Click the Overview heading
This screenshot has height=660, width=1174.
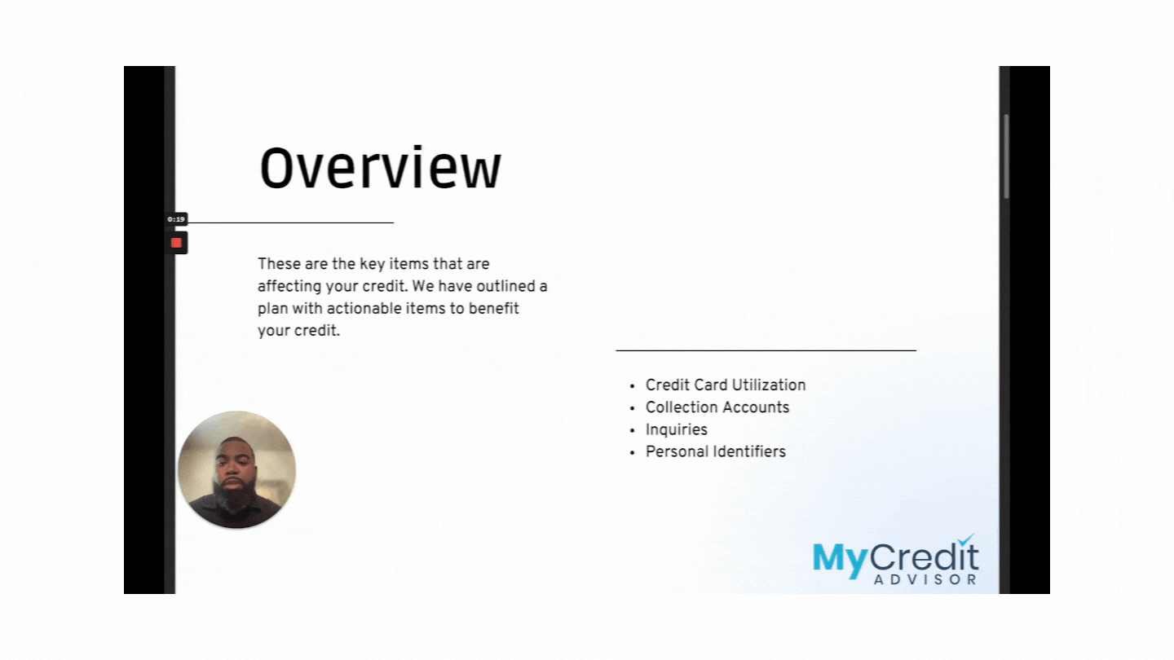tap(381, 168)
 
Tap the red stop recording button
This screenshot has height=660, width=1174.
tap(177, 243)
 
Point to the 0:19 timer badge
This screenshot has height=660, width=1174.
tap(176, 219)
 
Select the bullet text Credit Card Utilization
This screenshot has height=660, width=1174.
tap(726, 385)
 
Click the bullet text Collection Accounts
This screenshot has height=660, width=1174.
tap(717, 407)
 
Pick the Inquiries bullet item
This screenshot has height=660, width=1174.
tap(676, 429)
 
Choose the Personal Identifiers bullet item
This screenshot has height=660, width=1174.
tap(716, 451)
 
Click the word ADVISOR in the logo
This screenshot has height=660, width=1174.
tap(925, 579)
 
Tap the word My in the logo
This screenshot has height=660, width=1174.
tap(840, 561)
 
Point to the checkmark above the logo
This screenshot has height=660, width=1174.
tap(965, 539)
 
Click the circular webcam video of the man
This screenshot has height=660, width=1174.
tap(237, 469)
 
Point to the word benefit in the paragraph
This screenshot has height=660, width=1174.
tap(493, 309)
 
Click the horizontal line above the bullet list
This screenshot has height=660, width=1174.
tap(766, 350)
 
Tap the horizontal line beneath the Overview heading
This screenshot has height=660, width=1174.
tap(291, 222)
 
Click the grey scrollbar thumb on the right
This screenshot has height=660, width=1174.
tap(1006, 156)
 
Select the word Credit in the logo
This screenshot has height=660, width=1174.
tap(924, 557)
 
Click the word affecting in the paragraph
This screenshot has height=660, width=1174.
tap(289, 287)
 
